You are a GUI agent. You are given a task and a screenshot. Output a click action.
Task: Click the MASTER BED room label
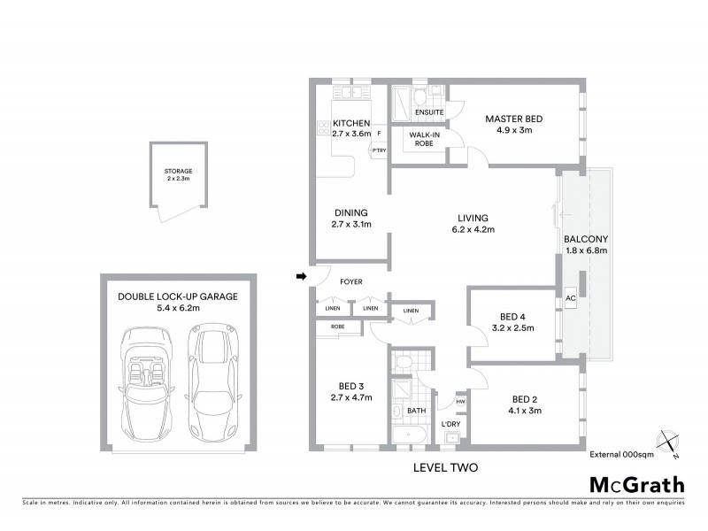coord(513,119)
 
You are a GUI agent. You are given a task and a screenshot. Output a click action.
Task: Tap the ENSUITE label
coord(428,112)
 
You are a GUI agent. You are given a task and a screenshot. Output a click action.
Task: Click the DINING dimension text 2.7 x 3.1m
coord(350,225)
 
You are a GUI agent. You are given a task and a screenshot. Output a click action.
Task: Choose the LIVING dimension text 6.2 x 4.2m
coord(473,230)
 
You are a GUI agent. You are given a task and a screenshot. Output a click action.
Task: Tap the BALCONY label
coord(585,239)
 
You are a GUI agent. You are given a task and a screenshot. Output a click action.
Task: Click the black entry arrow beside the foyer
coord(301,278)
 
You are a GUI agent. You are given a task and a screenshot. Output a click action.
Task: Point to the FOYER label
coord(351,282)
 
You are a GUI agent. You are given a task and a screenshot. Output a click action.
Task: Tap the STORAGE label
coord(178,171)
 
